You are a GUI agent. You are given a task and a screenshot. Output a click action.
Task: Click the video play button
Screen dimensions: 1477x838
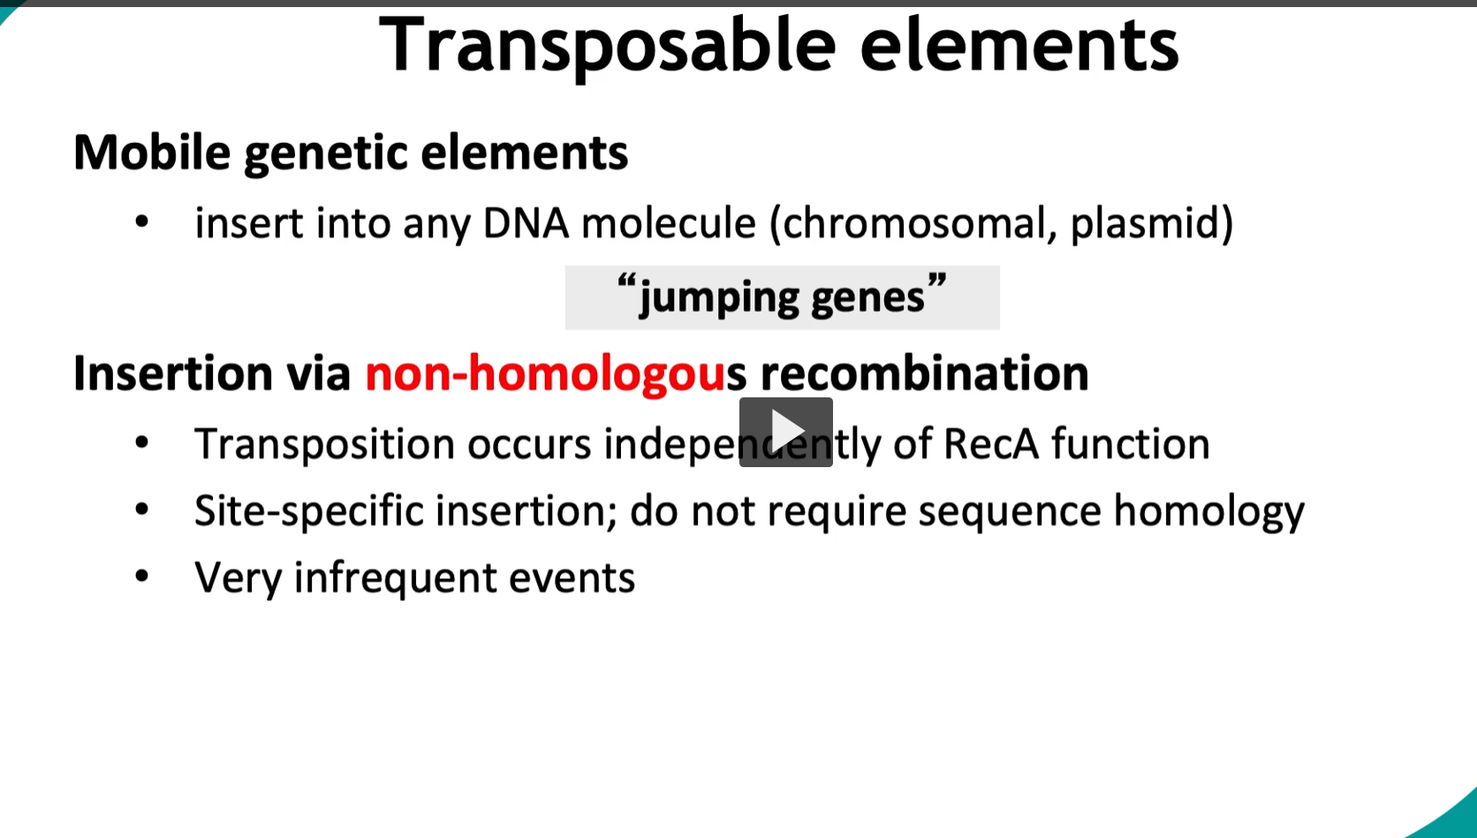click(785, 432)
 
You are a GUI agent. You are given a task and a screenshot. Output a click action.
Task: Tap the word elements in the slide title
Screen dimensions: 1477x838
click(1019, 45)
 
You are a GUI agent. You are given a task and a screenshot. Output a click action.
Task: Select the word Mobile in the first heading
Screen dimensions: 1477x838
click(152, 152)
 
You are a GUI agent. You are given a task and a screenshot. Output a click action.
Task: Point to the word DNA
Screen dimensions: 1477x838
click(526, 223)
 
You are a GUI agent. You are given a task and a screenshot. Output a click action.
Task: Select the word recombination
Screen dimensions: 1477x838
click(924, 374)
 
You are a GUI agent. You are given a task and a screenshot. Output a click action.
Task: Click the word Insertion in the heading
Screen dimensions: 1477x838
click(173, 374)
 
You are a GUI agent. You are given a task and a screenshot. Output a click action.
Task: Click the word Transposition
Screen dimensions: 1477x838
click(324, 444)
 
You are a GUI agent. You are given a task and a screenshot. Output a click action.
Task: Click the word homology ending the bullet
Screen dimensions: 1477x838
click(1208, 511)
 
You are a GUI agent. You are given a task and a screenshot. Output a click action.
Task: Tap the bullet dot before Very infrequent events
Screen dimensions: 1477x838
click(141, 577)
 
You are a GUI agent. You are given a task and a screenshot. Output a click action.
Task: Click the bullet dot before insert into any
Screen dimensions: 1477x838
click(141, 223)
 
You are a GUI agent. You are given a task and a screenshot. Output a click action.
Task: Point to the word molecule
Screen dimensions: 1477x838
click(669, 223)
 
